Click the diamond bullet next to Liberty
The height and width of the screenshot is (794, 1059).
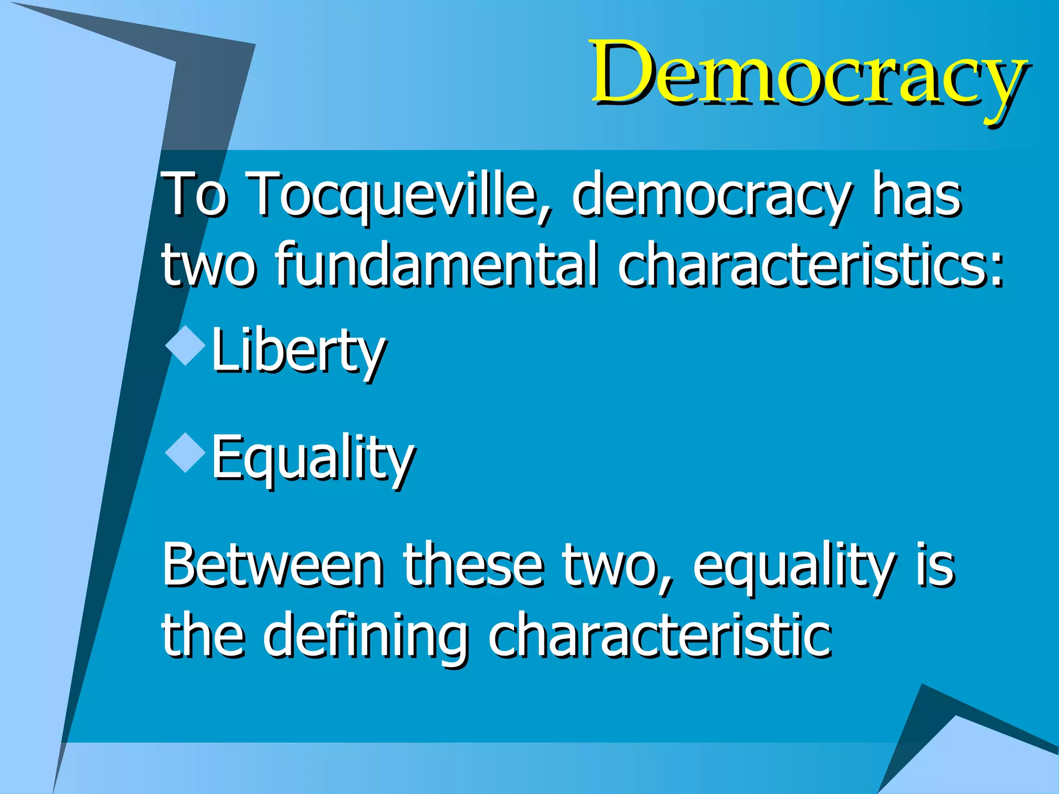pyautogui.click(x=185, y=346)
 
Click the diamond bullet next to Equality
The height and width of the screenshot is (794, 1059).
pyautogui.click(x=185, y=453)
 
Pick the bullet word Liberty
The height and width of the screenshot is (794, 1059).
pyautogui.click(x=298, y=352)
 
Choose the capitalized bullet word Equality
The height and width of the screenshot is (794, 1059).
pyautogui.click(x=313, y=458)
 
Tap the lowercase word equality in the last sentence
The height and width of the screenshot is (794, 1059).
pyautogui.click(x=794, y=567)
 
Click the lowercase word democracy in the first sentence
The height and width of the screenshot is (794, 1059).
pyautogui.click(x=710, y=196)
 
